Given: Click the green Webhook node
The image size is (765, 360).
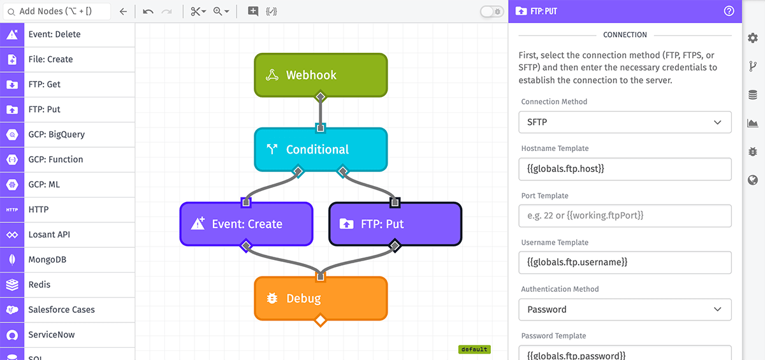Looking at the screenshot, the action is point(321,75).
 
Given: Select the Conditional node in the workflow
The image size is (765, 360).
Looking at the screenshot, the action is point(321,150).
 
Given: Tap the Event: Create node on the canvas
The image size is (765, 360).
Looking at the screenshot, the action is point(246,224).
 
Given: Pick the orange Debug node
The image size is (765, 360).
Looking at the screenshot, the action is point(321,298).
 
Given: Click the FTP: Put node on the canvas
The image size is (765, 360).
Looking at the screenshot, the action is point(395,224).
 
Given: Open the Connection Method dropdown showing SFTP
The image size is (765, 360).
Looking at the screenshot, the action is point(625,122).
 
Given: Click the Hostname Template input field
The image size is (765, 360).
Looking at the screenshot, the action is point(625,169).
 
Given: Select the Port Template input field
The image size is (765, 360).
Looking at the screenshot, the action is point(625,215).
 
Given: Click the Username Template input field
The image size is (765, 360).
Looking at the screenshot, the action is point(625,263).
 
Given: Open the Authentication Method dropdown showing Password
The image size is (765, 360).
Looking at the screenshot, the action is point(625,310).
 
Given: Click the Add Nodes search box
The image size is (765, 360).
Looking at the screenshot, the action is point(57,11).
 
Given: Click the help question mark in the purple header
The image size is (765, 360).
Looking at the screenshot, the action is point(729,11).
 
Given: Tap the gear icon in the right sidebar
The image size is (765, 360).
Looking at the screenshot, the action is point(753,38).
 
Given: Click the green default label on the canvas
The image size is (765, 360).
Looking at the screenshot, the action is point(474,349).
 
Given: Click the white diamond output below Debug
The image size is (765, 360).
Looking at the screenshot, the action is point(320,320).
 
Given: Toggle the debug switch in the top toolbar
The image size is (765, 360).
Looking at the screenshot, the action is point(492,11).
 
